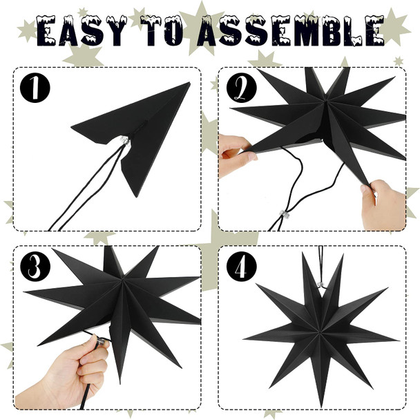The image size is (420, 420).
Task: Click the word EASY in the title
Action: (82, 31)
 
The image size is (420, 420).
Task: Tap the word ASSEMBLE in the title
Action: (289, 31)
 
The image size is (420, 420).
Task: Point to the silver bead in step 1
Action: (124, 140)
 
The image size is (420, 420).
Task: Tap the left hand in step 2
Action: (233, 155)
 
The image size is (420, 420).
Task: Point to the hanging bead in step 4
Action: (320, 284)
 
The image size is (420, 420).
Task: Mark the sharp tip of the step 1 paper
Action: (189, 84)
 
